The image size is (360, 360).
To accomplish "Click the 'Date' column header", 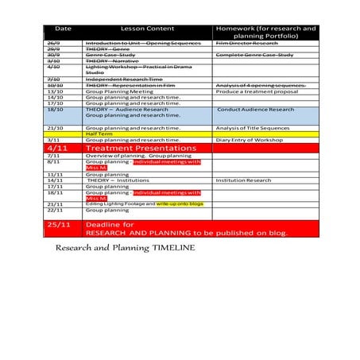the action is tap(63, 28).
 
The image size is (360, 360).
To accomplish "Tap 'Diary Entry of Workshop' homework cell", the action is tap(250, 140).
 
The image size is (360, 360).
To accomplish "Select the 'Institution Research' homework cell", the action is tap(243, 180).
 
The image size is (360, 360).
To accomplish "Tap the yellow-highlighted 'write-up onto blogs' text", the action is tap(180, 203).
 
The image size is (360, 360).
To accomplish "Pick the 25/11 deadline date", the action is tap(58, 225).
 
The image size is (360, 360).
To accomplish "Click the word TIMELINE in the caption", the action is tap(169, 247).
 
